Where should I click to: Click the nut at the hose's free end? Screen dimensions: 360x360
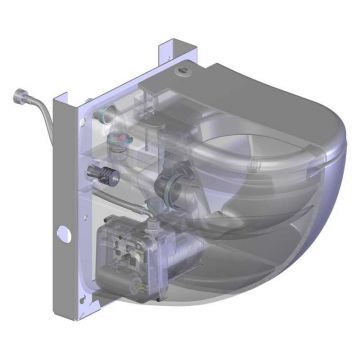pyautogui.click(x=18, y=97)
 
